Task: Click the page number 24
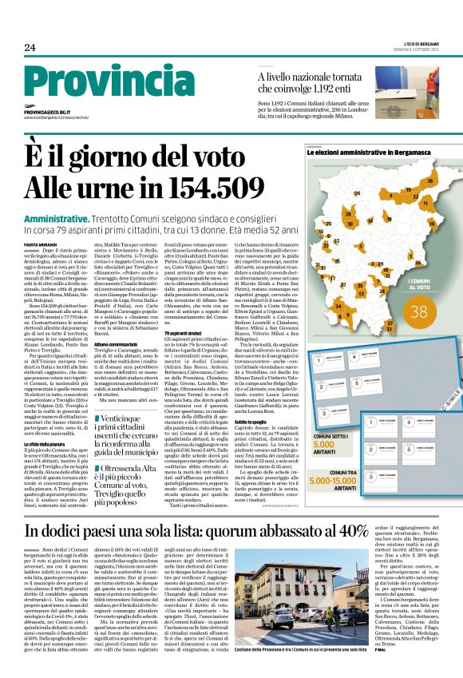pyautogui.click(x=30, y=48)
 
